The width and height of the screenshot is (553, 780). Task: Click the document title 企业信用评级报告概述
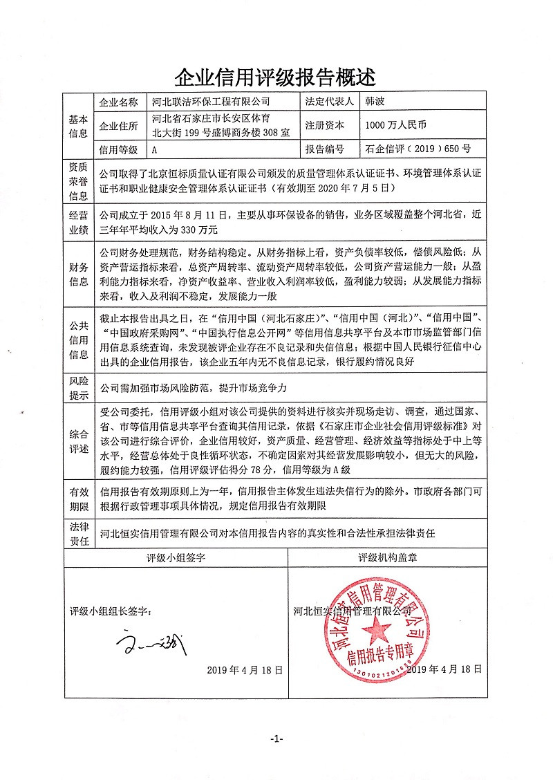tap(276, 75)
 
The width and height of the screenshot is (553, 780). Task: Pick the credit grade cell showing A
tap(155, 149)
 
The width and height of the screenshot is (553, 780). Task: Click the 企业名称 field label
tap(119, 101)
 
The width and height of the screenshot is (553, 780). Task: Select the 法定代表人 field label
tap(328, 101)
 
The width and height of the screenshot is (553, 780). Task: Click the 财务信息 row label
tap(78, 275)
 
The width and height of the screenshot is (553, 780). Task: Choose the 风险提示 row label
tap(78, 388)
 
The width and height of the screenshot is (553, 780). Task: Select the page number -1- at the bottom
tap(276, 739)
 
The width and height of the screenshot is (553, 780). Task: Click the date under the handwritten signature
tap(245, 669)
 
